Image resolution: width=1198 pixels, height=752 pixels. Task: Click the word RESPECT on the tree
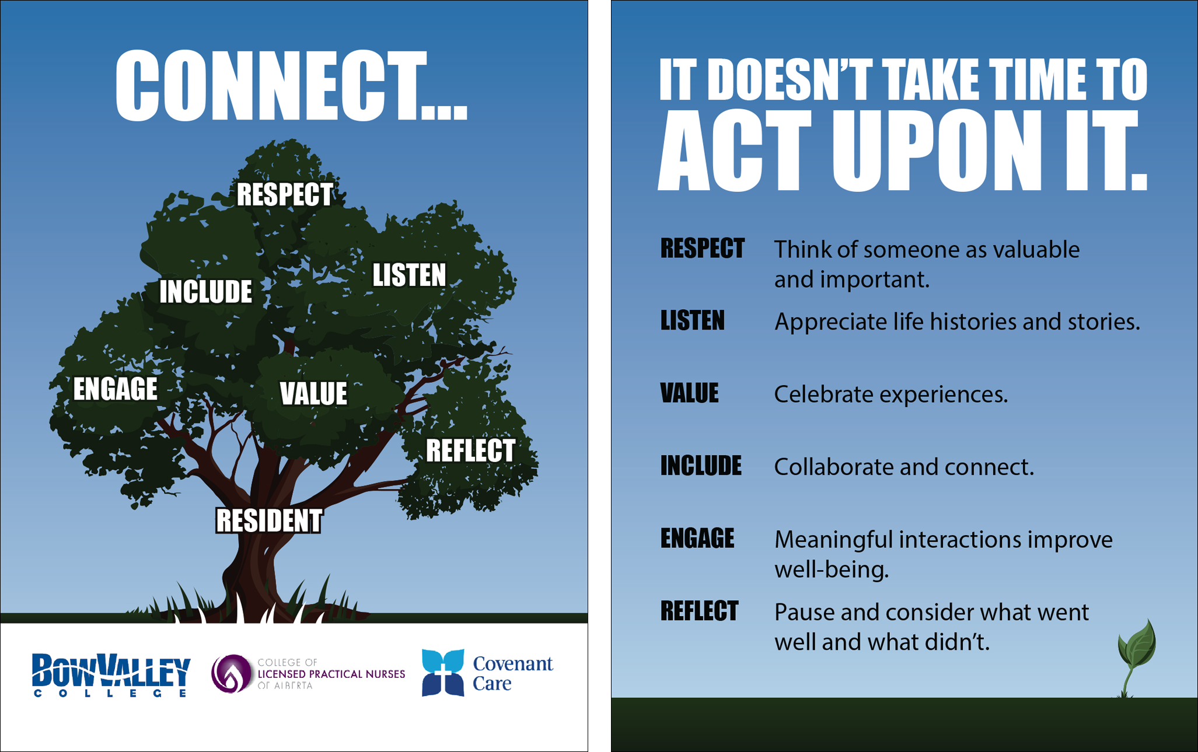click(x=285, y=194)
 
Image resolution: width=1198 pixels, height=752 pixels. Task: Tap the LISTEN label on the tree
click(x=409, y=275)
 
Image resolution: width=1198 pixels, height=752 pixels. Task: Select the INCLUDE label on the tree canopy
click(x=205, y=292)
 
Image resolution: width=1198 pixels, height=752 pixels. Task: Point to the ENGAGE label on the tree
click(x=115, y=389)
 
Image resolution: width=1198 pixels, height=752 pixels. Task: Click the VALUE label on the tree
click(x=313, y=393)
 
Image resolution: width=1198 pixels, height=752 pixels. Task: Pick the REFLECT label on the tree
click(x=470, y=450)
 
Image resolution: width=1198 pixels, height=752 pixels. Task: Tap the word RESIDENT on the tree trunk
click(x=269, y=521)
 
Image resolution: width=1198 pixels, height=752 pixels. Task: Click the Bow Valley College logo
click(x=111, y=675)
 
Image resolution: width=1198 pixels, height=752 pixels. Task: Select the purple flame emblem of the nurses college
click(x=231, y=673)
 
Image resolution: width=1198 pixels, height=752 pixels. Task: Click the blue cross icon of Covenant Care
click(x=443, y=673)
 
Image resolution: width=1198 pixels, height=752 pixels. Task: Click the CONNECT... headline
click(x=291, y=86)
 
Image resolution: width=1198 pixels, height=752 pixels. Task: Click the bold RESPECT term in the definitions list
click(x=702, y=249)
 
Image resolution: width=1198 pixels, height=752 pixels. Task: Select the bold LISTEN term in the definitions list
click(x=692, y=321)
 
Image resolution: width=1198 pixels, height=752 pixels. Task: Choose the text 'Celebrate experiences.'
click(x=890, y=394)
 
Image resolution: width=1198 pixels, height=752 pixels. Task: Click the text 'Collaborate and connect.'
click(x=904, y=467)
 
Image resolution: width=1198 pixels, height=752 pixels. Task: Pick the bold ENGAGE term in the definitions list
click(x=697, y=538)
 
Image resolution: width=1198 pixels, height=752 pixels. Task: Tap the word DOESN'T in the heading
click(x=792, y=79)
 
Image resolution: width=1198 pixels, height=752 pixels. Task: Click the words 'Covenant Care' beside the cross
click(x=512, y=673)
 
